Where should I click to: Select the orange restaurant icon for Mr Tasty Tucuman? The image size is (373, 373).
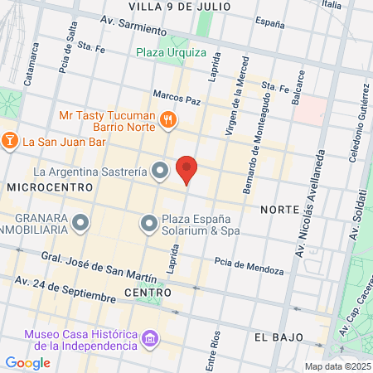(168, 120)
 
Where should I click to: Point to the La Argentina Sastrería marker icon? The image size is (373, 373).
(161, 172)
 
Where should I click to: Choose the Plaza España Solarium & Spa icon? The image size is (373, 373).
(148, 223)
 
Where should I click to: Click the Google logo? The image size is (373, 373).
(27, 362)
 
